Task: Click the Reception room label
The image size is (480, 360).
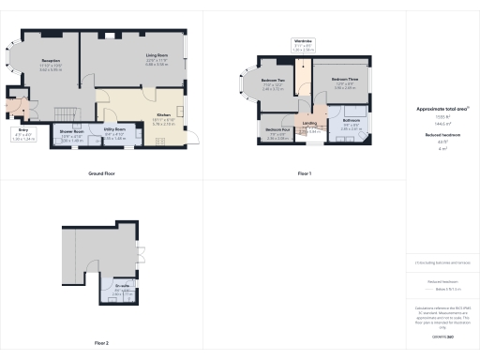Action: [x=51, y=63]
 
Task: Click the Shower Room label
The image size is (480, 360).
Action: [x=73, y=133]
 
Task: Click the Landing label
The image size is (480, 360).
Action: [x=309, y=124]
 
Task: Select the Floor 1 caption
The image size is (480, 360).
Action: [x=304, y=173]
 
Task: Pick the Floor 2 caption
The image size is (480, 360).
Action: [x=101, y=343]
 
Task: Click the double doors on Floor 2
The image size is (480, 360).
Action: [x=141, y=252]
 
